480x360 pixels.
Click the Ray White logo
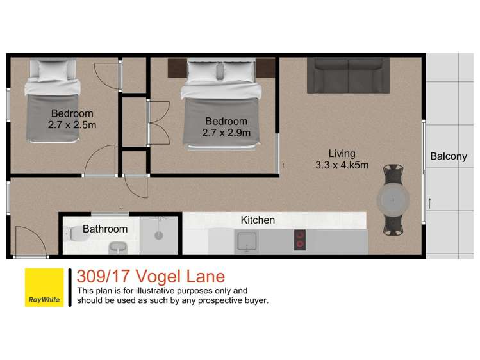(x=44, y=287)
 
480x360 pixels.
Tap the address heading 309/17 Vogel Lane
(x=151, y=277)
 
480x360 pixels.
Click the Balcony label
(x=449, y=156)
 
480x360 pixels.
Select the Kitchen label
(x=258, y=220)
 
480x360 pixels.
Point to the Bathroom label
(x=105, y=229)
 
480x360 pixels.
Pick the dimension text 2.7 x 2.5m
(x=72, y=125)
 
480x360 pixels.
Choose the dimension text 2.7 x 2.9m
(x=226, y=133)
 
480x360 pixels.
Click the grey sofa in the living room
(x=348, y=76)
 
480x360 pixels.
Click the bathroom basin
(x=118, y=247)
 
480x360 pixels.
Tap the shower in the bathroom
(x=160, y=234)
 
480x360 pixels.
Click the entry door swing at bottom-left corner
(x=28, y=243)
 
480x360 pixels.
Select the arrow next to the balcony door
(x=430, y=203)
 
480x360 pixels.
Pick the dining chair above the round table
(x=392, y=173)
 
